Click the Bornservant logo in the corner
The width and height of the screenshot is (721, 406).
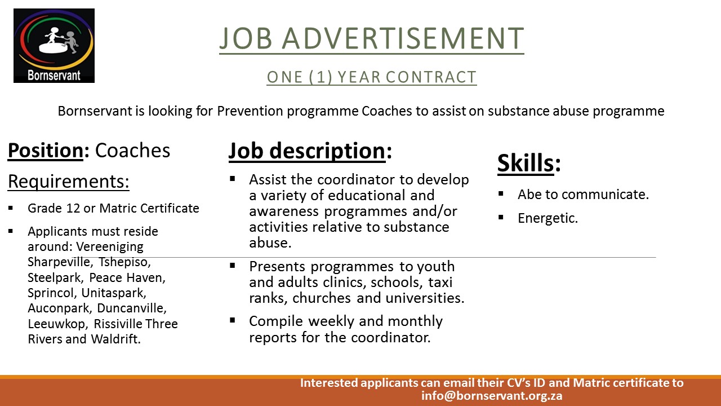[x=54, y=46]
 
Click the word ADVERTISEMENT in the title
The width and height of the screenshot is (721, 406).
[x=403, y=38]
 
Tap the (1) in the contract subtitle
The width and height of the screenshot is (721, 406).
[x=321, y=77]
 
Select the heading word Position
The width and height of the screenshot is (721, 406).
[x=46, y=151]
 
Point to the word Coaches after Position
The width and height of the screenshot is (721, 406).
[x=132, y=150]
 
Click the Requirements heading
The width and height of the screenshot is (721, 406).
[x=69, y=181]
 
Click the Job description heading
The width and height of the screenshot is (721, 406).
[x=310, y=151]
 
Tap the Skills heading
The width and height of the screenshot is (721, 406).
[x=529, y=163]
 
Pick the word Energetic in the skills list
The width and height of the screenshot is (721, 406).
[x=548, y=218]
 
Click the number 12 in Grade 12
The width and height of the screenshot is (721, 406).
[x=73, y=208]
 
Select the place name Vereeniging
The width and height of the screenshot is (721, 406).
[x=110, y=247]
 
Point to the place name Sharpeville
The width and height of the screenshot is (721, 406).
[x=60, y=262]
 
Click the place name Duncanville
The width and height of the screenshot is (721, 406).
[x=132, y=308]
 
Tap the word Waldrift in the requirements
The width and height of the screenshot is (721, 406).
[x=115, y=339]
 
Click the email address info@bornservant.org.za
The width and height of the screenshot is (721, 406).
[x=492, y=396]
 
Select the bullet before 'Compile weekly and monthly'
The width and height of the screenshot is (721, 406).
[x=233, y=320]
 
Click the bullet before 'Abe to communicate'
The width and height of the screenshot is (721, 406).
[x=501, y=193]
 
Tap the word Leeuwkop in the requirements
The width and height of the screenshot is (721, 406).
[x=58, y=324]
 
